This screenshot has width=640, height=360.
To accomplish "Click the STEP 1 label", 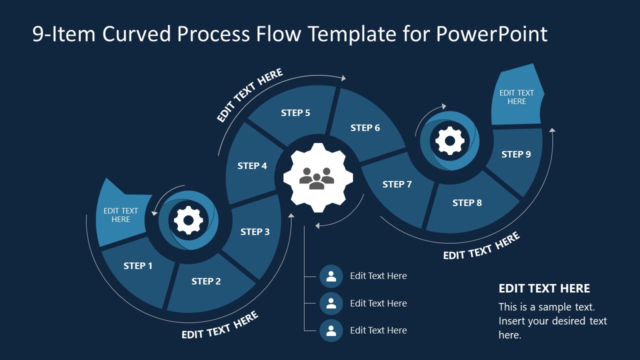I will [x=138, y=266].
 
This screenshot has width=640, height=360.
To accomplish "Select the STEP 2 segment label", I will [x=206, y=281].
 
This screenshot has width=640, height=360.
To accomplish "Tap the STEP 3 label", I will [x=255, y=231].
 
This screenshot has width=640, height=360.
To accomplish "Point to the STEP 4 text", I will [x=252, y=165].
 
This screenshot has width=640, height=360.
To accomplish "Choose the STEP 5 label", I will [x=295, y=113].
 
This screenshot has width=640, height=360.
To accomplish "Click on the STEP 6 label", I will [x=365, y=128].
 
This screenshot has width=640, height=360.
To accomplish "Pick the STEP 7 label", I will [x=397, y=184].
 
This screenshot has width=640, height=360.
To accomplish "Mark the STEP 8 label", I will [x=467, y=202].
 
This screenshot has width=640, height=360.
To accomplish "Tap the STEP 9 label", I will [x=516, y=154].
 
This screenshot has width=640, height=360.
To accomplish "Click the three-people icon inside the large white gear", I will [x=317, y=178].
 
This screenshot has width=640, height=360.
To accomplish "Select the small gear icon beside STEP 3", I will [x=188, y=220].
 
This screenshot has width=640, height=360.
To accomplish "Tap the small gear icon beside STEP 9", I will [x=449, y=141].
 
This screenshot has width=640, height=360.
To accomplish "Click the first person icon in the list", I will [x=331, y=276].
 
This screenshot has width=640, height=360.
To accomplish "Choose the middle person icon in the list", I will [x=331, y=303].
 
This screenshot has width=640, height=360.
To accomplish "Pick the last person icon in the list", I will [x=331, y=330].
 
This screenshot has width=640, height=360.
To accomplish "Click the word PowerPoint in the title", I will [x=491, y=34].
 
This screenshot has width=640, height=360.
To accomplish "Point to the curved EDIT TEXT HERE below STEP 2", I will [x=220, y=325].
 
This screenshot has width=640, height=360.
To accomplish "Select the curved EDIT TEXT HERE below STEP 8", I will [x=481, y=246].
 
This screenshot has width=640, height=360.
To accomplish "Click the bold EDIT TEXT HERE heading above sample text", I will [x=544, y=288].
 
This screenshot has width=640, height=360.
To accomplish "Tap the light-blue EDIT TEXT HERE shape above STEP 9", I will [x=516, y=97].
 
